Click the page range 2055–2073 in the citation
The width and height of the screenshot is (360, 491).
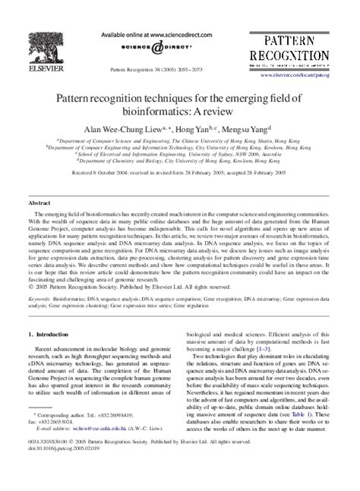click(191, 68)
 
